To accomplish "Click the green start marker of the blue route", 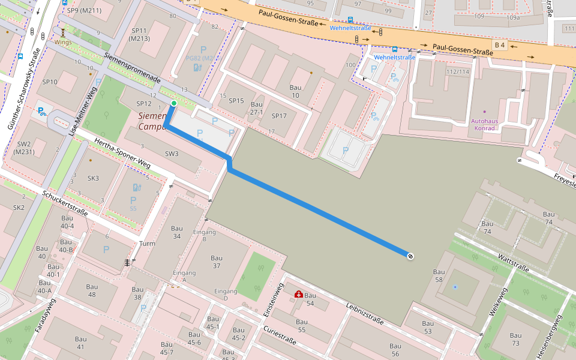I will click(x=174, y=104).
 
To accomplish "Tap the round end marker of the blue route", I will click(x=410, y=256).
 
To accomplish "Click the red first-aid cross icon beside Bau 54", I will click(x=298, y=294).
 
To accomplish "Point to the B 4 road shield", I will click(x=499, y=45).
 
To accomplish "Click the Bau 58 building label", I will click(x=439, y=276).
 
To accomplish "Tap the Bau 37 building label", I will click(x=217, y=262).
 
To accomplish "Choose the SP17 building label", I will click(x=280, y=116).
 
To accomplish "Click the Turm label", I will click(x=147, y=244).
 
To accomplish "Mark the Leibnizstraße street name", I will click(x=364, y=313).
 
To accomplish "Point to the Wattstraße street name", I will click(x=513, y=262).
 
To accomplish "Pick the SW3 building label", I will click(x=172, y=154).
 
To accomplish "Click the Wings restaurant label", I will click(x=63, y=42).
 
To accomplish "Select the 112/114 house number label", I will click(x=457, y=72).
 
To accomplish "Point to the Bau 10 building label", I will click(x=295, y=92).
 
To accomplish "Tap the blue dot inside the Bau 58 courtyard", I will click(x=455, y=287).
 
